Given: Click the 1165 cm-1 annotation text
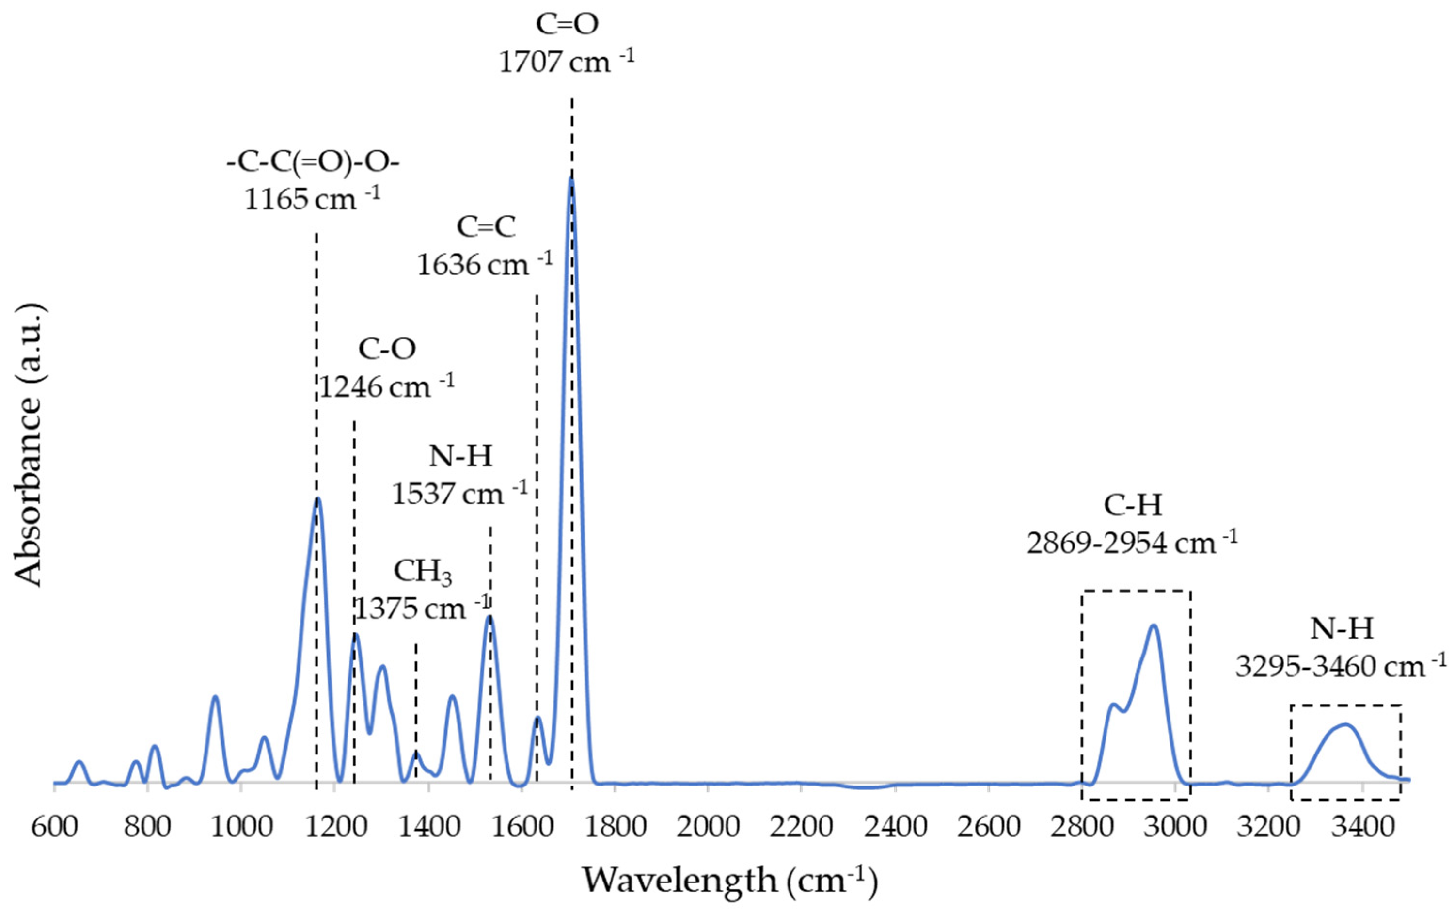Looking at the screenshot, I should pyautogui.click(x=312, y=199).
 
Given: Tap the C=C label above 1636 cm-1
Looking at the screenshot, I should pyautogui.click(x=486, y=227).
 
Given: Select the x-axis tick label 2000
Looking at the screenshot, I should pyautogui.click(x=708, y=826).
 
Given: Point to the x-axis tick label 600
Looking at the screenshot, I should pyautogui.click(x=54, y=826).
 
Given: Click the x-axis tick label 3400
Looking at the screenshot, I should pyautogui.click(x=1361, y=826).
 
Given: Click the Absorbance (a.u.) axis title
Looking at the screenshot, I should pyautogui.click(x=29, y=446).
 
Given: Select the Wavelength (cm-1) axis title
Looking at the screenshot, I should pyautogui.click(x=729, y=880).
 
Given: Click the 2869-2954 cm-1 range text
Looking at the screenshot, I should pyautogui.click(x=1132, y=543).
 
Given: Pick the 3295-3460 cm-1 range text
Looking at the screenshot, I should pyautogui.click(x=1341, y=667).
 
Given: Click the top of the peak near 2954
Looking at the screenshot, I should pyautogui.click(x=1154, y=626).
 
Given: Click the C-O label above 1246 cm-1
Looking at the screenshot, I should pyautogui.click(x=387, y=349).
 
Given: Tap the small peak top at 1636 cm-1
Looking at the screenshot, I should pyautogui.click(x=537, y=718).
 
